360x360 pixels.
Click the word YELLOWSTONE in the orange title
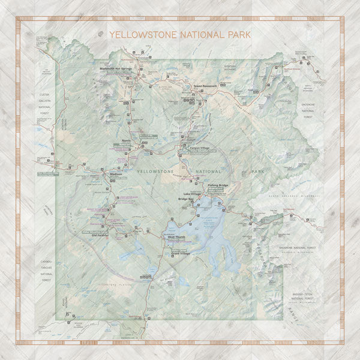point(142,35)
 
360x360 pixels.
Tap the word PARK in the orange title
point(238,35)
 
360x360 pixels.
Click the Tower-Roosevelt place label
point(205,86)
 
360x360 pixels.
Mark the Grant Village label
point(181,254)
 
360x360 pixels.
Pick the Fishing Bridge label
point(218,185)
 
